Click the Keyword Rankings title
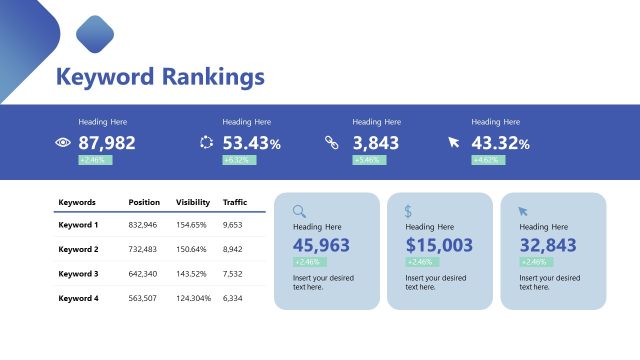pyautogui.click(x=160, y=77)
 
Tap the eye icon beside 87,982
pyautogui.click(x=63, y=143)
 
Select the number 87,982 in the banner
pyautogui.click(x=106, y=143)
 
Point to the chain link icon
pyautogui.click(x=332, y=143)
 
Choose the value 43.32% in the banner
pyautogui.click(x=500, y=143)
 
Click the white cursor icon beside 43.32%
pyautogui.click(x=454, y=143)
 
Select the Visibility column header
pyautogui.click(x=193, y=202)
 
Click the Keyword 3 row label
pyautogui.click(x=78, y=274)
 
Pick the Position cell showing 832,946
pyautogui.click(x=143, y=225)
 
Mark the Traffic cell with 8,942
pyautogui.click(x=232, y=249)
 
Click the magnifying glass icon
pyautogui.click(x=299, y=211)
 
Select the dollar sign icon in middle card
pyautogui.click(x=408, y=211)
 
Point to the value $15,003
pyautogui.click(x=439, y=245)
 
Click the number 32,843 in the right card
pyautogui.click(x=547, y=245)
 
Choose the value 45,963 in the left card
pyautogui.click(x=321, y=245)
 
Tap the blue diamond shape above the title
pyautogui.click(x=95, y=34)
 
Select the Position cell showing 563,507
pyautogui.click(x=143, y=298)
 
